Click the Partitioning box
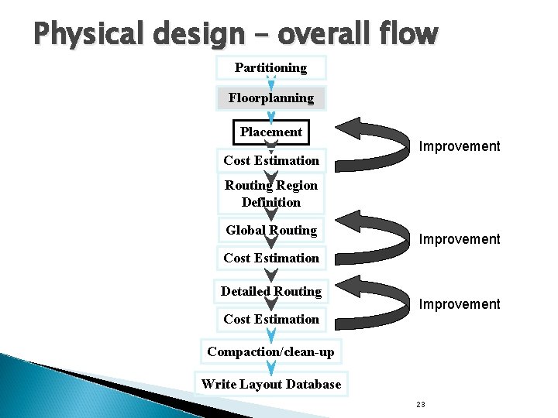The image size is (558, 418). point(270,68)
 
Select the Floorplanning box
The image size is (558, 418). point(270,98)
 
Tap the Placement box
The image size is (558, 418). point(270,132)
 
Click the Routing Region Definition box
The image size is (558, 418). point(270,194)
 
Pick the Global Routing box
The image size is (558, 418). point(270,230)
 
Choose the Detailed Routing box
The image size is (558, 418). point(270,291)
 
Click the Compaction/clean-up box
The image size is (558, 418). point(270,351)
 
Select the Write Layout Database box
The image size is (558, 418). point(270,384)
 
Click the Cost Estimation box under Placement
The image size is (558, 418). point(270,160)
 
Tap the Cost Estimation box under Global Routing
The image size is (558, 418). point(270,258)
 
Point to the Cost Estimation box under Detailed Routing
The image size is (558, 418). point(270,319)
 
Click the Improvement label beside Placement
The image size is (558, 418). point(460,146)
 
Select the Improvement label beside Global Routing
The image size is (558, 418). point(460,239)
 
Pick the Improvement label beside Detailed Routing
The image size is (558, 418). point(460,304)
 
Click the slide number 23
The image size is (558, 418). point(421,405)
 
